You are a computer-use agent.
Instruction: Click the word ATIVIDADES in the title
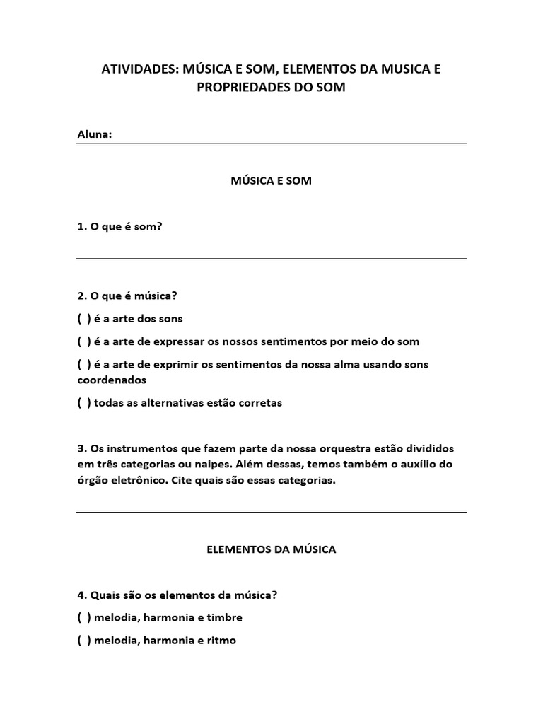coord(139,69)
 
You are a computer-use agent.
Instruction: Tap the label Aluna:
coord(94,134)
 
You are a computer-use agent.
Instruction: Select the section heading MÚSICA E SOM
coord(271,181)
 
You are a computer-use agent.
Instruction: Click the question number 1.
coord(81,227)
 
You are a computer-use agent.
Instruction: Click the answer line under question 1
coord(271,258)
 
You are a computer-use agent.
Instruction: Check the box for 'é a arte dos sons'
coord(84,319)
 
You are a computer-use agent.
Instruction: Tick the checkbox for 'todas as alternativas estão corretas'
coord(84,403)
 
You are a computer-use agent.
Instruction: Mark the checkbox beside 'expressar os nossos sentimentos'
coord(84,341)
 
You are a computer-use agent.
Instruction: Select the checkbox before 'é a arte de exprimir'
coord(84,365)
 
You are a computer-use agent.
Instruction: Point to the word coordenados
coord(112,380)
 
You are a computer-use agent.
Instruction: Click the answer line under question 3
coord(271,512)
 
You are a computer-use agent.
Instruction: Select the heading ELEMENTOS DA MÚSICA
coord(271,549)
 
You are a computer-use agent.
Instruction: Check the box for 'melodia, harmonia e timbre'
coord(84,618)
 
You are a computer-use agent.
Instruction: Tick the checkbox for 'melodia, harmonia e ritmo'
coord(84,641)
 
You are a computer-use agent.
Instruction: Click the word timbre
coord(226,618)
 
